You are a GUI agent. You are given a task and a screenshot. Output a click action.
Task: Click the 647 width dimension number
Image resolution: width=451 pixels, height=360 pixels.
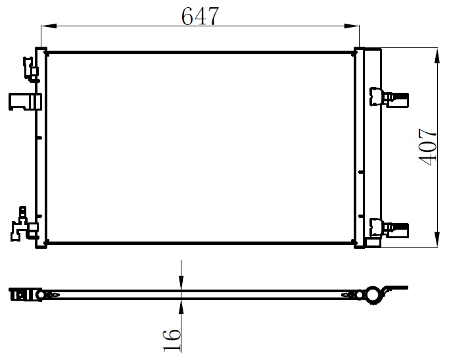click(x=200, y=16)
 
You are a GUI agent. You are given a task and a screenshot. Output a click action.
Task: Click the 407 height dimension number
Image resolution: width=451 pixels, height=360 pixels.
click(x=427, y=147)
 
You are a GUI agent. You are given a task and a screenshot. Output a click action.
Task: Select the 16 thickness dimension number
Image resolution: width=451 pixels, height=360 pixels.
click(x=172, y=341)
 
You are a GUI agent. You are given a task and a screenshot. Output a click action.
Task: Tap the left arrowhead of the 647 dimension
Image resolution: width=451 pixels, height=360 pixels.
click(x=49, y=26)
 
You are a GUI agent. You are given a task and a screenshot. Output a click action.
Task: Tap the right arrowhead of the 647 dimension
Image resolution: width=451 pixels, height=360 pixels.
click(x=352, y=26)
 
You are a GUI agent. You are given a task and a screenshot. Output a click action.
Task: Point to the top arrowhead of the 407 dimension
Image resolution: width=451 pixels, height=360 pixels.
click(x=437, y=56)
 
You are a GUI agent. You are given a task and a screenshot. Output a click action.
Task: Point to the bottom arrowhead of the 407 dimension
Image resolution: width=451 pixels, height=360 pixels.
click(x=437, y=239)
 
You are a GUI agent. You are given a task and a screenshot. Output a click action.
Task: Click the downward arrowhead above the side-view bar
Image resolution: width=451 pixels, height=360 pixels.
click(x=181, y=283)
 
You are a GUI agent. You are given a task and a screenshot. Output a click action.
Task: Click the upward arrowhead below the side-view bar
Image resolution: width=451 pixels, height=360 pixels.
click(x=181, y=307)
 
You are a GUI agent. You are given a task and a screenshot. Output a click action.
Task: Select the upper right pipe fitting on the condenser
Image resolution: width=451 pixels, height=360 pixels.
click(x=389, y=97)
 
